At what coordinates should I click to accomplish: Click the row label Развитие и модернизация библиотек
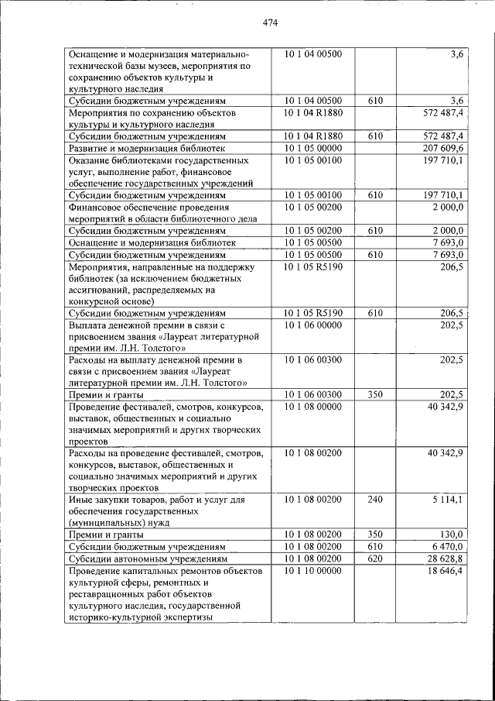click(x=147, y=148)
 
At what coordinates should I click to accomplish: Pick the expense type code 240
click(x=375, y=500)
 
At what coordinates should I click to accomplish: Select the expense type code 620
click(x=375, y=558)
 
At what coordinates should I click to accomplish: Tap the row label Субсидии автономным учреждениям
click(x=148, y=558)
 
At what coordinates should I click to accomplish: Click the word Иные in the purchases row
click(x=80, y=500)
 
